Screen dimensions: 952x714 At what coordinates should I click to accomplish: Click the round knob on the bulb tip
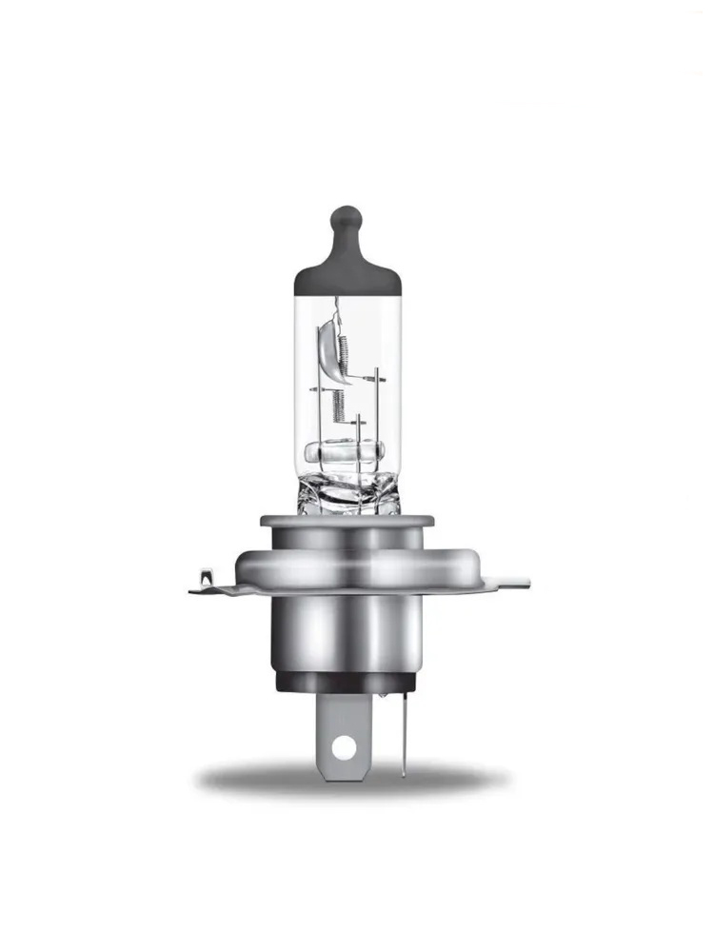coord(347,216)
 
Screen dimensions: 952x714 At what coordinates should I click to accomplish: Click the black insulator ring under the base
coord(347,682)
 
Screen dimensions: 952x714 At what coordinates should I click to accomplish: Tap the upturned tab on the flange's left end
coord(204,576)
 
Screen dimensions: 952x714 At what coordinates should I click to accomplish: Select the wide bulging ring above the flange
coord(347,564)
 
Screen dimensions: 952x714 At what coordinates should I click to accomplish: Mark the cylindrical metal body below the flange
coord(347,633)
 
